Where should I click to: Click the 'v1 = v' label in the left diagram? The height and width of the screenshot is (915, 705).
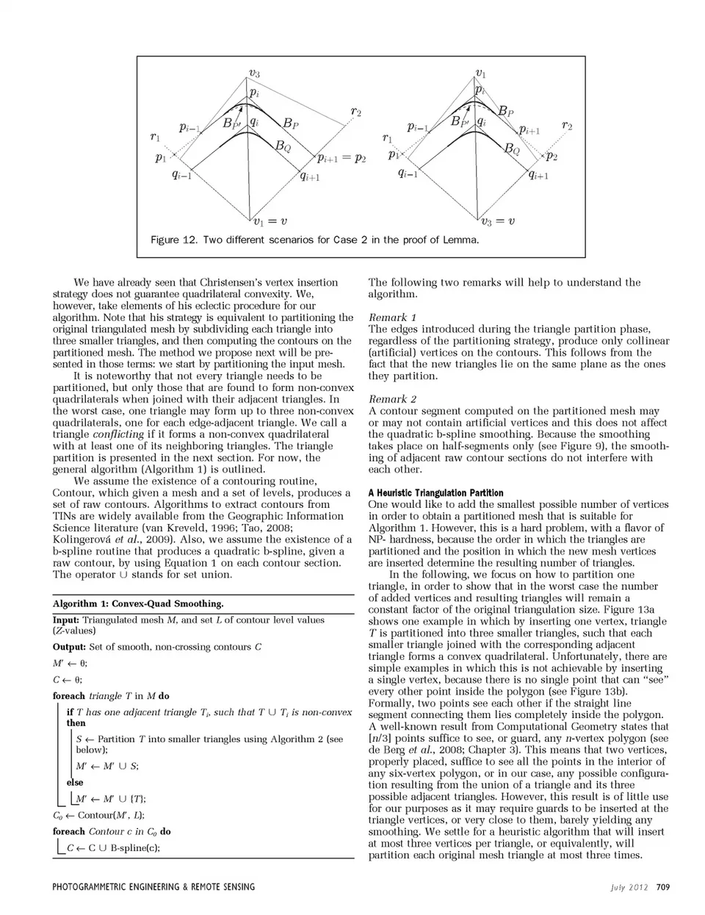269,220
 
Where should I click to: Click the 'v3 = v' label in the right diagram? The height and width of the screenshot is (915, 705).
497,220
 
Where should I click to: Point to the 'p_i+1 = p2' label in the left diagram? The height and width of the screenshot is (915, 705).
341,158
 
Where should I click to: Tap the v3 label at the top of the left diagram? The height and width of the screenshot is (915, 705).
254,73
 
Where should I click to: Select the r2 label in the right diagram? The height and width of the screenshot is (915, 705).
567,126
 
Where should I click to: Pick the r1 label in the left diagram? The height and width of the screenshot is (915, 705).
155,136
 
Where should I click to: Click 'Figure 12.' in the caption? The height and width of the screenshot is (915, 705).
174,240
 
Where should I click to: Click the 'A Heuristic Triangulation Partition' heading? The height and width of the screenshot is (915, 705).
435,493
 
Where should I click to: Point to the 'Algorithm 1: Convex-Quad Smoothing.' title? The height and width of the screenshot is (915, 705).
138,603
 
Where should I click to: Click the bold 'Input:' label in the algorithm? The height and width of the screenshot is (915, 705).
66,620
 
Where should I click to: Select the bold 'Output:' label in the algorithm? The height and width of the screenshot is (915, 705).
69,647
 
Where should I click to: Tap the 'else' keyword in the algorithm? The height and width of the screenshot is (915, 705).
75,783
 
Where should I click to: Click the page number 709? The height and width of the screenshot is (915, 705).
662,887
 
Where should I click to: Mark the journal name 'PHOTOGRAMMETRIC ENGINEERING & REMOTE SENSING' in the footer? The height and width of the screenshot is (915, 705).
153,887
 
